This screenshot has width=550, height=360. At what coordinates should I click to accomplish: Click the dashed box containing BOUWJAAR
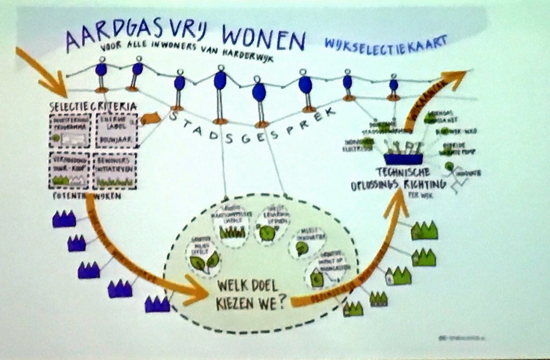(116, 131)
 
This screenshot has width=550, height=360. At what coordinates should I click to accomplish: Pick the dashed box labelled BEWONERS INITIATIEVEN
(115, 170)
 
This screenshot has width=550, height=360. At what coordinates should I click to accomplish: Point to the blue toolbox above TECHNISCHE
(403, 159)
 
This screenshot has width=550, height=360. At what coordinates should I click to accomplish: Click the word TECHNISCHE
(402, 172)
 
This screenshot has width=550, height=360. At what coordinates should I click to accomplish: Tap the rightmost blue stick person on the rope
(393, 87)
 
